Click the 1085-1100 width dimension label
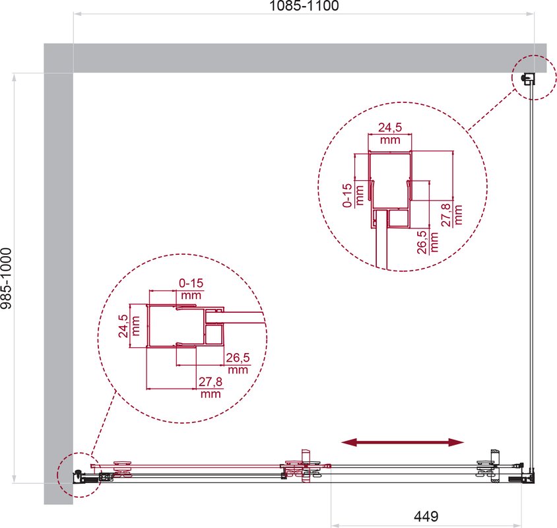(304, 6)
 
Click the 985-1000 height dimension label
(7, 279)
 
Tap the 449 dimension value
(426, 516)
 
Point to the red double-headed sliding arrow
(403, 442)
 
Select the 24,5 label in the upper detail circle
(390, 127)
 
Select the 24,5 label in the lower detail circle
(123, 326)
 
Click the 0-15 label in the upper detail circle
(347, 195)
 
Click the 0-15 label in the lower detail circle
(191, 283)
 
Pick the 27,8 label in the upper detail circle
(446, 215)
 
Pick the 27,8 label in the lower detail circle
(211, 381)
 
